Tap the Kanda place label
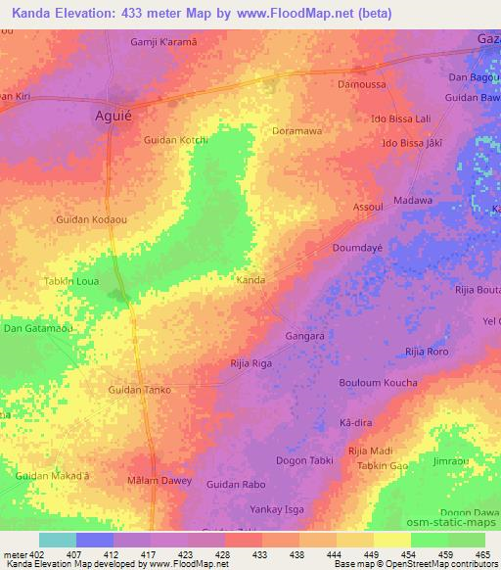coord(251,280)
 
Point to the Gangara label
coord(304,336)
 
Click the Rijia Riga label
coord(250,363)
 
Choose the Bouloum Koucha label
coord(378,383)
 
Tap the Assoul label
coord(367,209)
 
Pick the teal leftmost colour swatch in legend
coord(58,540)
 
